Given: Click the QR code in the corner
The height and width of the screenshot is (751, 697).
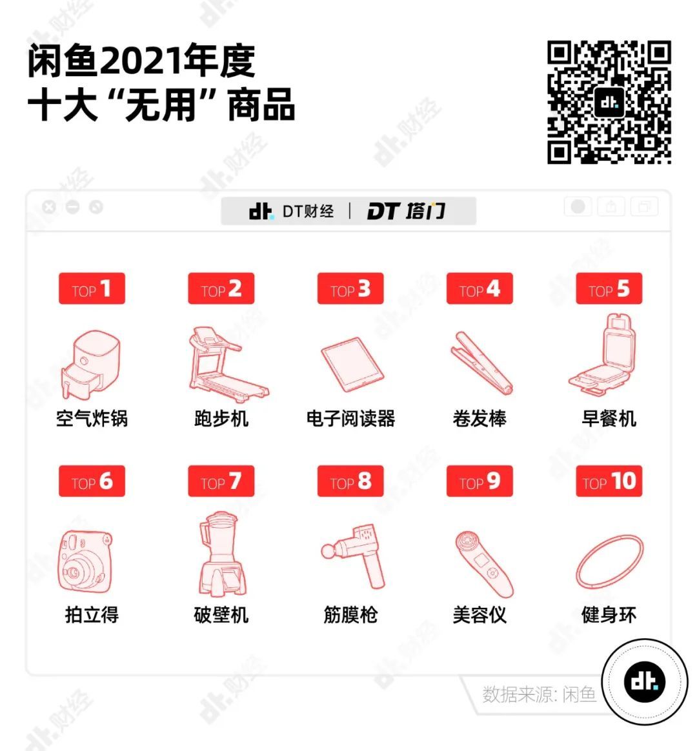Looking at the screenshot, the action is (x=609, y=102).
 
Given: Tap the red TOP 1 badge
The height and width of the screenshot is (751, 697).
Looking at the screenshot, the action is (x=92, y=288).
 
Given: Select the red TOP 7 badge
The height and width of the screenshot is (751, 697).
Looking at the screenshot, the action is (x=221, y=481).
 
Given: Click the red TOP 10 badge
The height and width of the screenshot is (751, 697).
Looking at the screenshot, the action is (x=609, y=481).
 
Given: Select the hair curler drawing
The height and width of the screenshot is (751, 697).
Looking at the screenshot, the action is (x=481, y=363).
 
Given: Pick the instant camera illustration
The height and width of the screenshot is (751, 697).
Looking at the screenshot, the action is (x=85, y=561).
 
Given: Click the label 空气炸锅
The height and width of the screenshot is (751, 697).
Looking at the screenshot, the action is (x=92, y=419).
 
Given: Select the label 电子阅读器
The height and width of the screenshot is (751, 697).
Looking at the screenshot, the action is (x=350, y=419).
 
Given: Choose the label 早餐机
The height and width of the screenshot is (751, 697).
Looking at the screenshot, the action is (x=609, y=419).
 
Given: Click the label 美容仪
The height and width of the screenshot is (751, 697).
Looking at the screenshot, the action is (x=480, y=614).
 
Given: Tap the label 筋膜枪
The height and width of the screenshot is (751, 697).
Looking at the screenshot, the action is (x=350, y=614).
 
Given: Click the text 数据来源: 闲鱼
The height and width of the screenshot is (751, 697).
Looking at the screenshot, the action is (x=539, y=694).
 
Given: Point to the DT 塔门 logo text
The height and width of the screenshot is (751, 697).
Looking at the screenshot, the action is (x=406, y=211).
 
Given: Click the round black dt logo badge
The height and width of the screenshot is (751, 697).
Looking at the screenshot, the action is (x=645, y=682).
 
